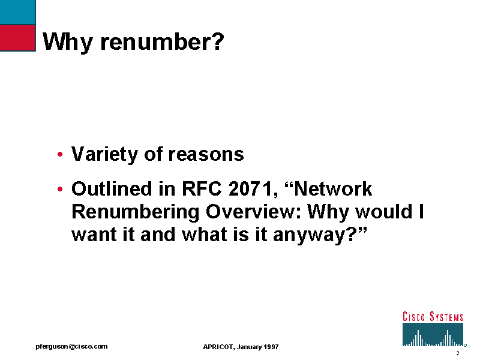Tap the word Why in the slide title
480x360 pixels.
tap(68, 43)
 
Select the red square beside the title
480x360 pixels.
tap(17, 38)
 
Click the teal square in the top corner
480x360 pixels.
tap(17, 12)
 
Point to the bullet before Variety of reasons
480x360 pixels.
tap(60, 154)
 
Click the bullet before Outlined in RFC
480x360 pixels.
tap(60, 189)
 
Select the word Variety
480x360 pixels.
tap(104, 154)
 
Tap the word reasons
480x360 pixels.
tap(206, 155)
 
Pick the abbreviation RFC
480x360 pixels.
tap(202, 188)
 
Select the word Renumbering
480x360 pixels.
tap(136, 212)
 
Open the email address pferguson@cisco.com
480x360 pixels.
tap(71, 347)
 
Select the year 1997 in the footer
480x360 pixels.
tap(271, 347)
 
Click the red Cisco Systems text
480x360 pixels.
tap(433, 317)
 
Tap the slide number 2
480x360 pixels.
tap(458, 353)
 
